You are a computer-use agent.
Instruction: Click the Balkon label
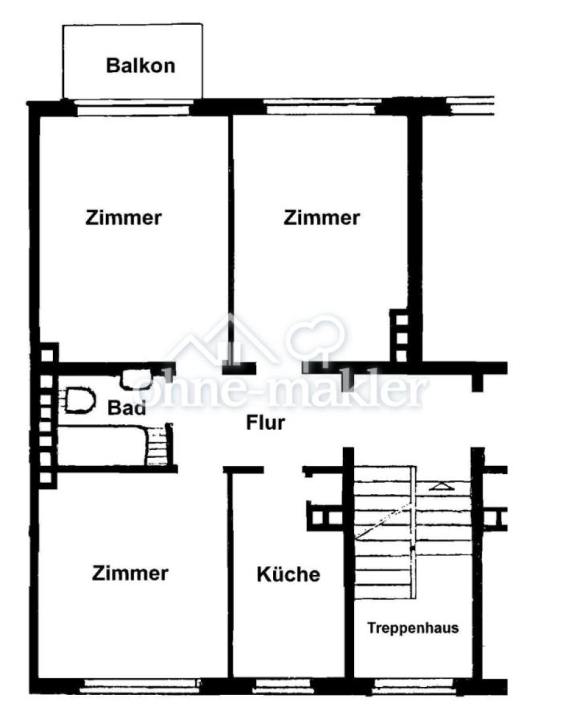(x=141, y=66)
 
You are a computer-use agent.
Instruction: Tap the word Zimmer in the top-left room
(x=124, y=218)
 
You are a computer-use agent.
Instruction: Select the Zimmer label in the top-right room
(x=321, y=218)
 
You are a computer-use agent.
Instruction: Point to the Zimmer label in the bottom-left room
(x=130, y=573)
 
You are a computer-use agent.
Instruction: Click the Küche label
(x=288, y=574)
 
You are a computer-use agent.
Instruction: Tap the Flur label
(x=266, y=423)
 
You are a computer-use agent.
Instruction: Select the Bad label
(x=126, y=407)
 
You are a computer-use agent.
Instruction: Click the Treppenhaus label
(x=413, y=627)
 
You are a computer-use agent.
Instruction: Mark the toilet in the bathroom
(x=79, y=400)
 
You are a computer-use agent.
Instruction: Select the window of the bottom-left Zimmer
(x=139, y=685)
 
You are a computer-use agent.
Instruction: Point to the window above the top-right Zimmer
(x=321, y=108)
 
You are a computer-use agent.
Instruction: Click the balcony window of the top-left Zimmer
(x=133, y=108)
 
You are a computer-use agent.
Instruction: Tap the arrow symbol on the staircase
(x=441, y=485)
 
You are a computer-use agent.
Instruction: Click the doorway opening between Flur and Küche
(x=284, y=470)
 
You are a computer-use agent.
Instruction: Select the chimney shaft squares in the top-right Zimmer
(x=400, y=336)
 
